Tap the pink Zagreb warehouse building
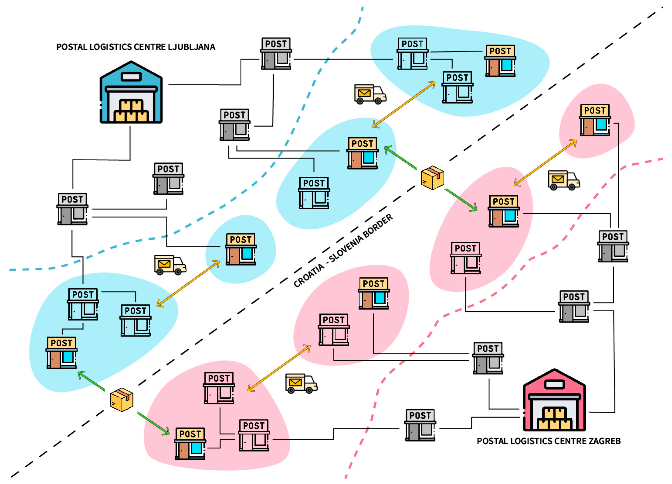tap(554, 400)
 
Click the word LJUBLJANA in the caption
tap(191, 47)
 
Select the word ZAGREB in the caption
tap(604, 441)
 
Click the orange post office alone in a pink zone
tap(595, 120)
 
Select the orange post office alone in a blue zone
tap(241, 249)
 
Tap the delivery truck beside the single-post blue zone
tap(170, 265)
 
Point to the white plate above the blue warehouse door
tap(131, 77)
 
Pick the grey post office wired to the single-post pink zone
tap(613, 246)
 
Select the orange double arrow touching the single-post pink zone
tap(545, 163)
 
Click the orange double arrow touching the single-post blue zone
tap(188, 283)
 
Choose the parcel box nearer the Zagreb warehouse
tap(432, 178)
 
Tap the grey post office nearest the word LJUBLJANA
tap(276, 54)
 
